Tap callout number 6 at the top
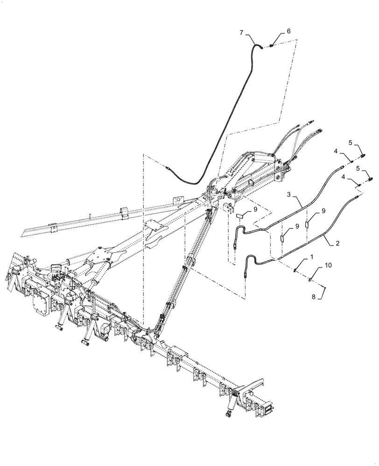click(x=288, y=31)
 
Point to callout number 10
click(x=329, y=265)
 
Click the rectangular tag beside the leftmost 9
click(x=241, y=216)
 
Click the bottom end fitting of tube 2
click(x=245, y=274)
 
